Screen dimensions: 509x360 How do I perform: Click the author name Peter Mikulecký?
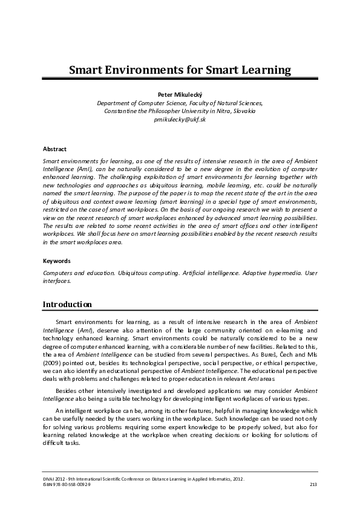180,95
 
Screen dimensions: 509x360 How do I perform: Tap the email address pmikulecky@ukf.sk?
180,120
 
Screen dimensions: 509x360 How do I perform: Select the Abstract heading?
54,149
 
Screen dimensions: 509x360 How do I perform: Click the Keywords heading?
57,261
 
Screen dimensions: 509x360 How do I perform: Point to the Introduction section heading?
67,304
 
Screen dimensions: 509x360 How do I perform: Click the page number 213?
313,485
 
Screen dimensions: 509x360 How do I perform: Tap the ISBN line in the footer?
67,485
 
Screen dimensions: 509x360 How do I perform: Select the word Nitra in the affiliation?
217,112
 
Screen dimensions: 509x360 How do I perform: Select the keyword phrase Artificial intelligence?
200,273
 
